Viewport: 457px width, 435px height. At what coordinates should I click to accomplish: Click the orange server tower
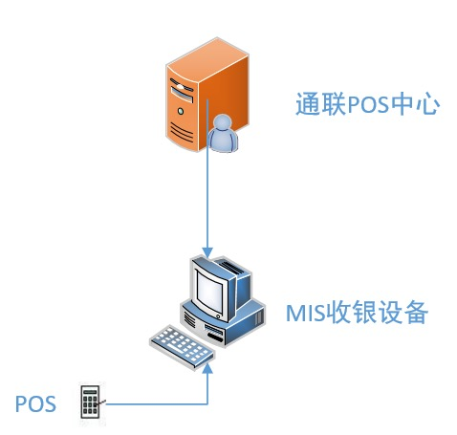pyautogui.click(x=207, y=95)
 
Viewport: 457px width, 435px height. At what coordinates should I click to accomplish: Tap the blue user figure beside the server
pyautogui.click(x=223, y=133)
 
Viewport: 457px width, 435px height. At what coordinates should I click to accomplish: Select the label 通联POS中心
pyautogui.click(x=367, y=103)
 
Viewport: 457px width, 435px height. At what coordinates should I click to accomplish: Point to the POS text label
pyautogui.click(x=35, y=403)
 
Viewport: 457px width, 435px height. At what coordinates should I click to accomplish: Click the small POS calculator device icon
pyautogui.click(x=90, y=402)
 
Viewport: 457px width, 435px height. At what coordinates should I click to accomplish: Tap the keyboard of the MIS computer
pyautogui.click(x=182, y=347)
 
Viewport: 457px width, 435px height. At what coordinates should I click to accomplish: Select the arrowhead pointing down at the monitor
pyautogui.click(x=207, y=251)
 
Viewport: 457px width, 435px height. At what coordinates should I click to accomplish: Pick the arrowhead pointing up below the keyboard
pyautogui.click(x=207, y=369)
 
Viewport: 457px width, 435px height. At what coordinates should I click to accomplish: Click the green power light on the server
pyautogui.click(x=181, y=111)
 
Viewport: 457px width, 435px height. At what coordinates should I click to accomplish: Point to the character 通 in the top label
pyautogui.click(x=308, y=103)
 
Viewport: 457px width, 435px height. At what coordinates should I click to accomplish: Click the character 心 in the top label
pyautogui.click(x=427, y=103)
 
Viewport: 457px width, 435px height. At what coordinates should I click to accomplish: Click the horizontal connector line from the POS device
pyautogui.click(x=157, y=404)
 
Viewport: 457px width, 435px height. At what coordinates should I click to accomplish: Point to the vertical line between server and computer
pyautogui.click(x=207, y=174)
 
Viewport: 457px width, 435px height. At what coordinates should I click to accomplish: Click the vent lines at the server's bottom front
pyautogui.click(x=182, y=131)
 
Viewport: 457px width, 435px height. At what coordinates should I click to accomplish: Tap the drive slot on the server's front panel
pyautogui.click(x=182, y=94)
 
